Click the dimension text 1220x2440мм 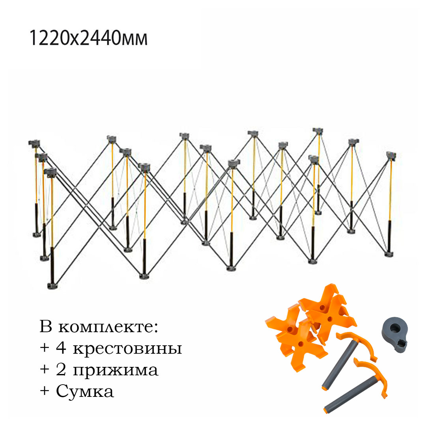tap(88, 39)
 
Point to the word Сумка tap(85, 391)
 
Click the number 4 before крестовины tap(60, 349)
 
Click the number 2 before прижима tap(60, 370)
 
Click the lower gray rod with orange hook tap(355, 388)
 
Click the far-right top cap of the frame tap(391, 155)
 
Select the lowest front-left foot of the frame tap(52, 285)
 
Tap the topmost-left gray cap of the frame tap(35, 143)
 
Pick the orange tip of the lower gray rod tap(327, 410)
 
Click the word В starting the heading tap(46, 328)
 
